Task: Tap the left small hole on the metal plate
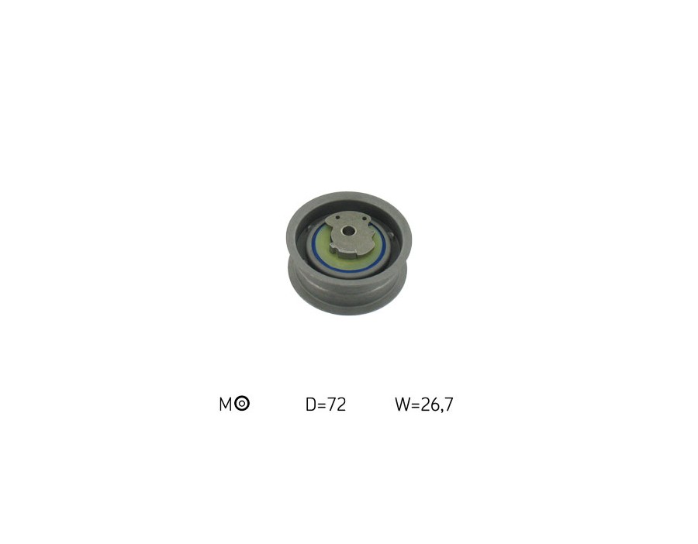tap(337, 218)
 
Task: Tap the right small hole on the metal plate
tap(366, 219)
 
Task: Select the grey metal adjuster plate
tap(350, 236)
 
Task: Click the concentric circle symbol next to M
tap(242, 404)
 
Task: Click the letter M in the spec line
tap(226, 404)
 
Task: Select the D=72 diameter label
tap(326, 404)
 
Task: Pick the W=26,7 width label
tap(423, 404)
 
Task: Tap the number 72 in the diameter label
tap(337, 404)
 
